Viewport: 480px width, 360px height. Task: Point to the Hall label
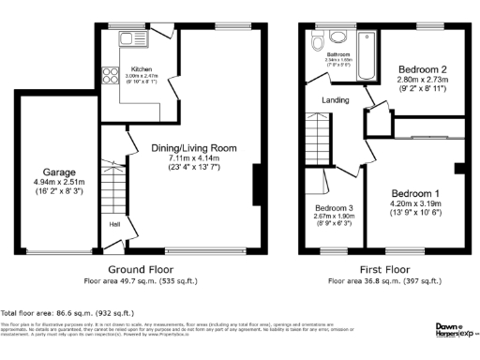(114, 225)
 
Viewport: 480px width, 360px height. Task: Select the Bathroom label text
(337, 56)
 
